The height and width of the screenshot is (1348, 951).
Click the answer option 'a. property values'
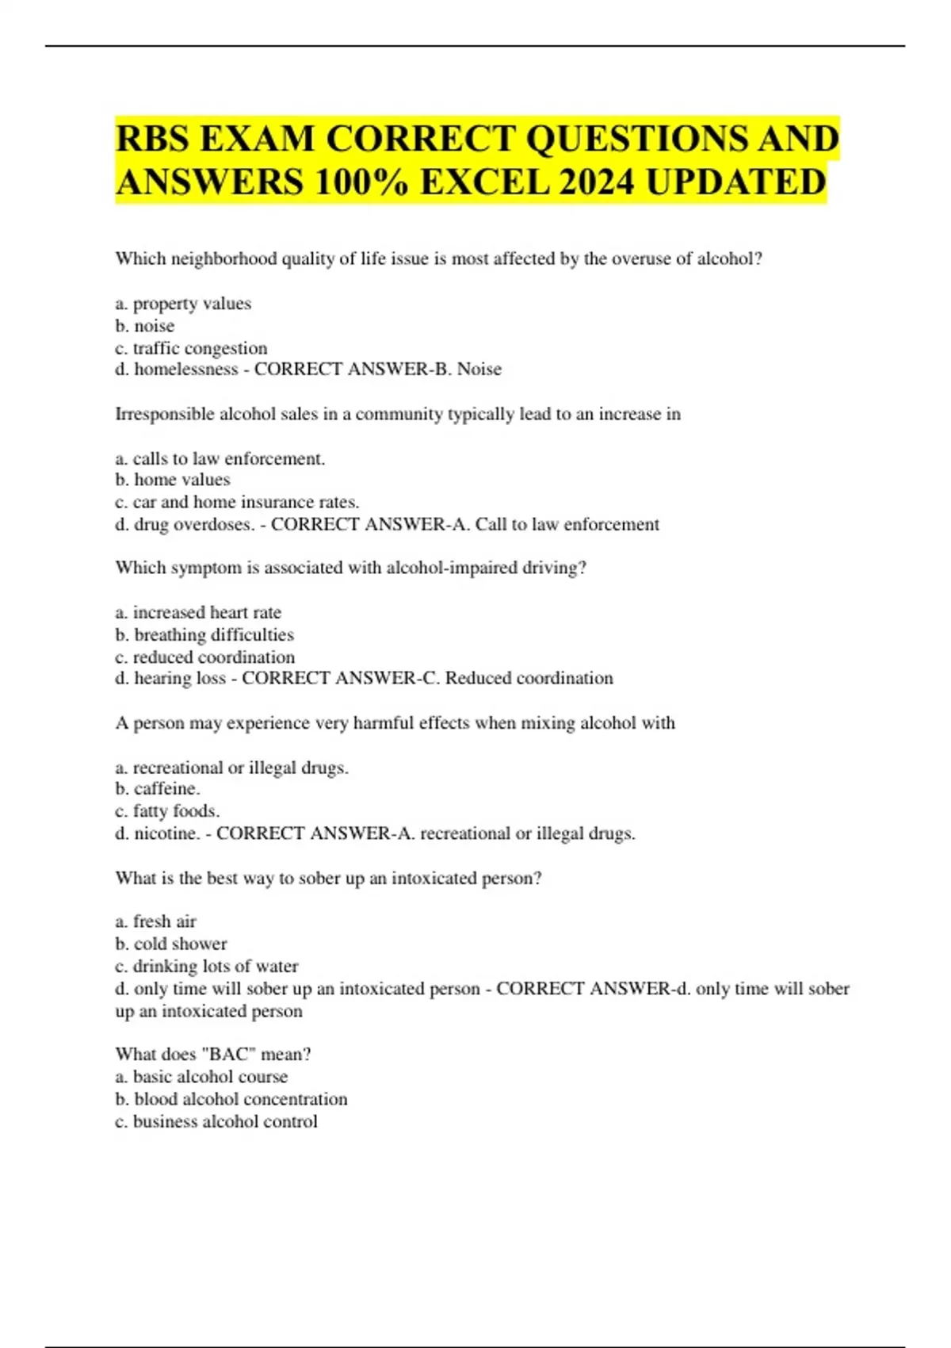pos(183,304)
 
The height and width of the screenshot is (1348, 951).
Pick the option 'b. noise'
pos(145,326)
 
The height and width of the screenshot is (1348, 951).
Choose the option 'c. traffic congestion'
pos(191,348)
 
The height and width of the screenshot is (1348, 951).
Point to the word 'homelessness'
pos(186,369)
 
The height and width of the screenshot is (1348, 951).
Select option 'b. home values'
pos(173,480)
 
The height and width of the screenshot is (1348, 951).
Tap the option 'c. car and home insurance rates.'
pos(237,502)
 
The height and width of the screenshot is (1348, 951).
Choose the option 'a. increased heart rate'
pos(198,612)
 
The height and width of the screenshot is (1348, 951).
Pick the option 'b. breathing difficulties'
pos(204,634)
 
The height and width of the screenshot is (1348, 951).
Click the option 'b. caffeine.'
pos(158,788)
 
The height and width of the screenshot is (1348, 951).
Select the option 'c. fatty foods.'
pos(167,810)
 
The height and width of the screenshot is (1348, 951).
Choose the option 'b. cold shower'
pos(171,944)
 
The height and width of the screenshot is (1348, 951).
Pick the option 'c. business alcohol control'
pos(216,1121)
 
